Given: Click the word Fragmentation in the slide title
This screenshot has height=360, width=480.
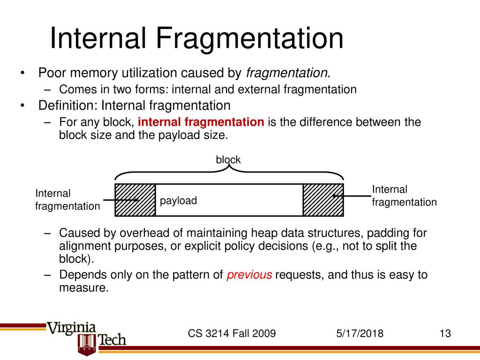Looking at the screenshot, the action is point(250,38).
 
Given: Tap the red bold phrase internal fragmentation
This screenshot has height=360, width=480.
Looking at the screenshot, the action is point(201,122).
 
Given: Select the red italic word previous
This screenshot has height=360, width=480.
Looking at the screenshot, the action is point(249,275).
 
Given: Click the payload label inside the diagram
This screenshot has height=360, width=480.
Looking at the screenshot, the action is point(178,201).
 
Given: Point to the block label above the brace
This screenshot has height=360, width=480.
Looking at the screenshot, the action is point(228,159).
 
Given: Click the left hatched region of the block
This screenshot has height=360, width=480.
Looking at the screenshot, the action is point(135,200).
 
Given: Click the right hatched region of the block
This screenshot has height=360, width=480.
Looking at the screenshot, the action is point(323,200).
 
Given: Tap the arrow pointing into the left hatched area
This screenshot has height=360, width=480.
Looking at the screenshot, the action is point(121,200).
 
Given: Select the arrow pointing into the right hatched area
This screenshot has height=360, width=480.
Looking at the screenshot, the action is point(352,196).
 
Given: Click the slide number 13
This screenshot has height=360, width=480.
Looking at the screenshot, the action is point(445,333).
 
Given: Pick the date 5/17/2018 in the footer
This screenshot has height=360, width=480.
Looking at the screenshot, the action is point(360,333).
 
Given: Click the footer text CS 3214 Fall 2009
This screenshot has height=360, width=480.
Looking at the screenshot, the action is point(232,333).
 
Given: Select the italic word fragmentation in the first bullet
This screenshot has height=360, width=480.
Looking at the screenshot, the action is point(286,73).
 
